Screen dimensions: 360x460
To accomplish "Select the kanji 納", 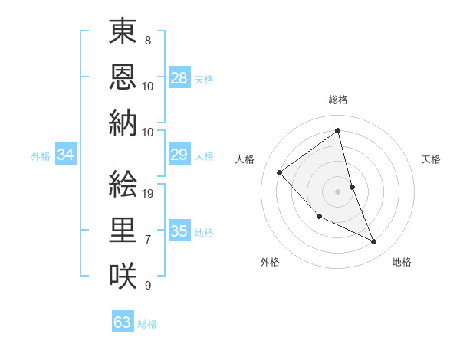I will (123, 123).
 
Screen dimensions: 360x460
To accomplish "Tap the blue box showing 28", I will (179, 77).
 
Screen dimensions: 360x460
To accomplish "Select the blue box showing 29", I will (179, 155).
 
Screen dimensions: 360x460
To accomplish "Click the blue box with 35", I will (179, 231).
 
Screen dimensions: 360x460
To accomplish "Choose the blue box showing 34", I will (66, 155).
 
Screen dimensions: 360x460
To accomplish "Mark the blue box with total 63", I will (123, 322).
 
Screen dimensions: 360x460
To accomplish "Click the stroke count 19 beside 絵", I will (149, 193).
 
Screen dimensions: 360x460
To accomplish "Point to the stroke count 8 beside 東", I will (148, 39).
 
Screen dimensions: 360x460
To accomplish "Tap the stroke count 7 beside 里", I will (148, 240).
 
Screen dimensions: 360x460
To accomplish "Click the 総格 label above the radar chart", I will (337, 100).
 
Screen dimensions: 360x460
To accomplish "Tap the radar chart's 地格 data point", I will (374, 242).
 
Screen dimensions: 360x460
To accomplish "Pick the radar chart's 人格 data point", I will (280, 172).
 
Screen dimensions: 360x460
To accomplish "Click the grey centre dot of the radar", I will (337, 191).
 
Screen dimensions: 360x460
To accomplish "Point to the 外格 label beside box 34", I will (41, 156).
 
